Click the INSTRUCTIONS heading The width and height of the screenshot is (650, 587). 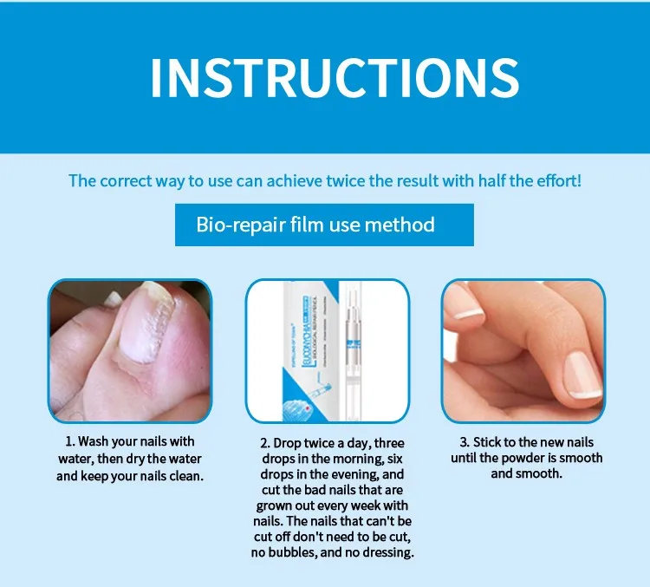click(x=335, y=78)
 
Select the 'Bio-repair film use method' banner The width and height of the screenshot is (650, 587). click(x=324, y=225)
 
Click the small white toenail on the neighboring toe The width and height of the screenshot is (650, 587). click(x=113, y=298)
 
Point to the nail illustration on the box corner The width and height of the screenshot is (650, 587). click(x=298, y=408)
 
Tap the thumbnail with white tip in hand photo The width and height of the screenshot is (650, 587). click(x=583, y=375)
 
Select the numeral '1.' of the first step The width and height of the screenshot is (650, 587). click(x=70, y=441)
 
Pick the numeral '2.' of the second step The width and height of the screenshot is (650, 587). click(x=266, y=443)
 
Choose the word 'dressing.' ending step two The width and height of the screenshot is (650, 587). click(x=388, y=553)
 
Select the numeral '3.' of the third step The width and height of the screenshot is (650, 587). click(x=465, y=442)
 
